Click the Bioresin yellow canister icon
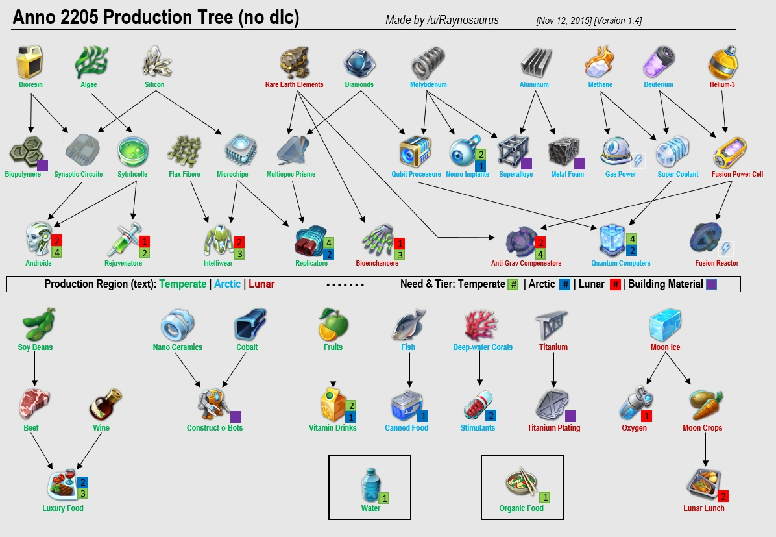(29, 62)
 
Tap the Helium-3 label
(722, 84)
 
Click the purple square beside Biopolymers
(43, 166)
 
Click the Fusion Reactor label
(716, 263)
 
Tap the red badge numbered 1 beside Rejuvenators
(145, 242)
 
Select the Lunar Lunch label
(703, 508)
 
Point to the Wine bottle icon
(105, 405)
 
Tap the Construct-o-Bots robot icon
(213, 405)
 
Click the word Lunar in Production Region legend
(261, 284)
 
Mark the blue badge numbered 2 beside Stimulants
(491, 416)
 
